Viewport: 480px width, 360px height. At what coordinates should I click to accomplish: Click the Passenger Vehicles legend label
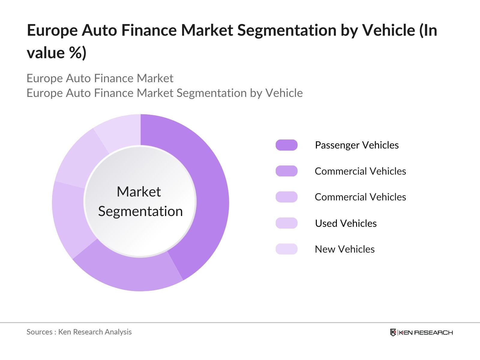click(357, 145)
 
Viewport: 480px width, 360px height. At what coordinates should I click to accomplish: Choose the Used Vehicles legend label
click(346, 223)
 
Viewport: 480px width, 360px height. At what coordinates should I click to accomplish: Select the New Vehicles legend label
click(345, 249)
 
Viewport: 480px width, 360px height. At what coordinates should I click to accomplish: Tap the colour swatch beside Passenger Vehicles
click(286, 145)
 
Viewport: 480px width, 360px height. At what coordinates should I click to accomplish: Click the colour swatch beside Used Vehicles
click(286, 223)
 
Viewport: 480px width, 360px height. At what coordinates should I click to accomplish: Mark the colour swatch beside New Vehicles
click(286, 249)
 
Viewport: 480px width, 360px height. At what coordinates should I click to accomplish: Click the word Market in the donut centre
click(139, 192)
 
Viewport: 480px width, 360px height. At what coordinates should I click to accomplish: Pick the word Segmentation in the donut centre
click(140, 211)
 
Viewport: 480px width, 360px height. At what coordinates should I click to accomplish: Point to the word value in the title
click(46, 53)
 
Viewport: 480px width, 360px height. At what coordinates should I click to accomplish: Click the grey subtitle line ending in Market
click(100, 78)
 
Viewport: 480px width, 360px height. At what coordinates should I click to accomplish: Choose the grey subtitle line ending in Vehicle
click(164, 93)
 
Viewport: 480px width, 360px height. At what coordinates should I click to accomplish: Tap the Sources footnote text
click(79, 332)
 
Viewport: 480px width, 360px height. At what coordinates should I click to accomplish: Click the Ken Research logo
click(421, 332)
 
